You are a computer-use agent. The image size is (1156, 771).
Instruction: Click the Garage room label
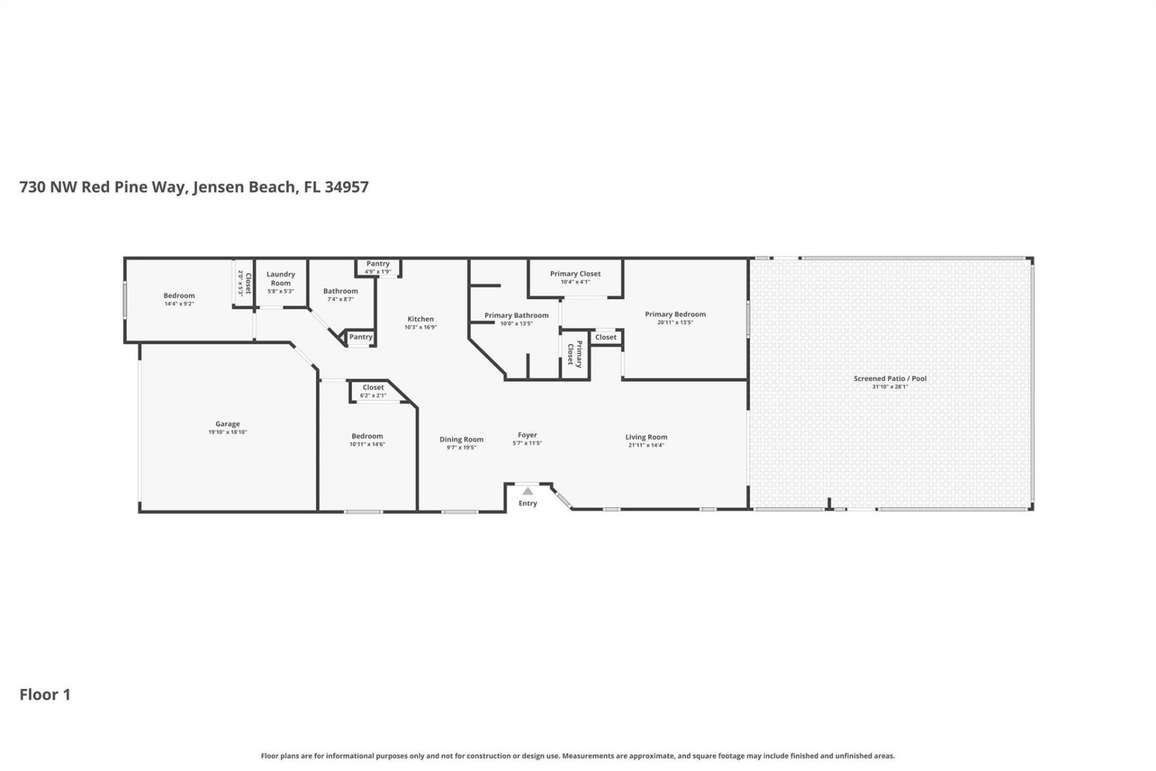point(228,424)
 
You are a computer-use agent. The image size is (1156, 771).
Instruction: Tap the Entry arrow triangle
point(527,492)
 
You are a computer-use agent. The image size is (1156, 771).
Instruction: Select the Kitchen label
point(420,319)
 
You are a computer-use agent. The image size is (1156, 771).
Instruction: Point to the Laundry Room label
point(281,278)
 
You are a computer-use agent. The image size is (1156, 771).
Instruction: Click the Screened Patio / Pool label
point(890,378)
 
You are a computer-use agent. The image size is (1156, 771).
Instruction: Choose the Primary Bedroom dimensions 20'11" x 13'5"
point(675,322)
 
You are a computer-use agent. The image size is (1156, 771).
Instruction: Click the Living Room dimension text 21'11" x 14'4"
point(646,445)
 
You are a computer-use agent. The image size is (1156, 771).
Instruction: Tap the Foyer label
point(527,435)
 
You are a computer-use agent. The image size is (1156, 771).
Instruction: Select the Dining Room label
point(461,440)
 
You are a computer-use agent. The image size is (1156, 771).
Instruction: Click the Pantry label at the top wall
point(378,264)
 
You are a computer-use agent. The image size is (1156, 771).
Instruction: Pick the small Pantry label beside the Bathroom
point(361,337)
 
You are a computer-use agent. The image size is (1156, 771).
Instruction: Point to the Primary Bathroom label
point(517,315)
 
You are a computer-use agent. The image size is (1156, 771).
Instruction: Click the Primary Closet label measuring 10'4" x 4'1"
point(575,273)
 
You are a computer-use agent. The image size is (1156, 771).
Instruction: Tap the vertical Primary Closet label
point(575,354)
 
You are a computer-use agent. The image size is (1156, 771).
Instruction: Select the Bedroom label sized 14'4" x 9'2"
point(179,296)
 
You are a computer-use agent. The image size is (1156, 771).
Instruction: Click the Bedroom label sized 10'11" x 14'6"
point(367,436)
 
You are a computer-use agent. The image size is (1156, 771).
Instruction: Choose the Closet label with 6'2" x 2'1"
point(373,388)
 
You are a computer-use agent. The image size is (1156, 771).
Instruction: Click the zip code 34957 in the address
point(346,187)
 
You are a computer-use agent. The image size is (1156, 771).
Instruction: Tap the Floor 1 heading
point(45,695)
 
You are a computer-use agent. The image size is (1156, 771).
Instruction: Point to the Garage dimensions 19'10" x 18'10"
point(228,432)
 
